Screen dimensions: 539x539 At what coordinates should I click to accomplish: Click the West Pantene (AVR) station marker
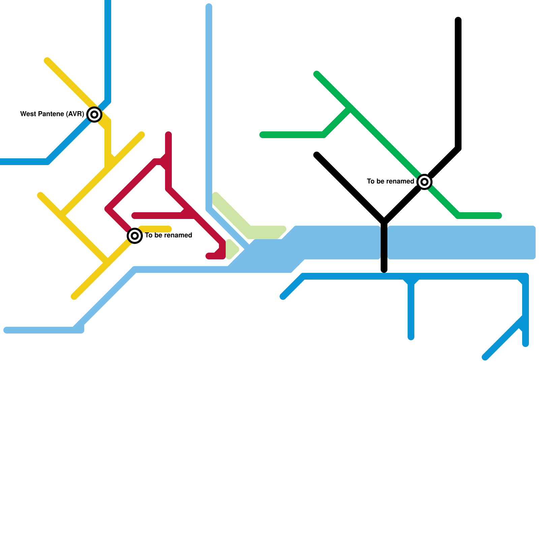[x=94, y=115]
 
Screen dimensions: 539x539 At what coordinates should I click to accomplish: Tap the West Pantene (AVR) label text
[x=52, y=114]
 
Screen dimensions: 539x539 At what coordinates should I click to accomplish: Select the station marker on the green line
[x=424, y=182]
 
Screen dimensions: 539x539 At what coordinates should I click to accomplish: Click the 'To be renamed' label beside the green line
[x=390, y=181]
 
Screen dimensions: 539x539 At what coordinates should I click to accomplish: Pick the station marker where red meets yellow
[x=135, y=236]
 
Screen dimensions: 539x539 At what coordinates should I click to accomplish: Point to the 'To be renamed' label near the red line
[x=168, y=235]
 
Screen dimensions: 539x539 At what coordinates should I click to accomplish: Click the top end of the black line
[x=458, y=20]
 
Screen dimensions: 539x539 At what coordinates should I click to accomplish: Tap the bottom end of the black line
[x=384, y=270]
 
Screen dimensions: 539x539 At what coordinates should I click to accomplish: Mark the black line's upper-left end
[x=317, y=155]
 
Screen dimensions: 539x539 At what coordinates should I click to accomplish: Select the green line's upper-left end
[x=317, y=74]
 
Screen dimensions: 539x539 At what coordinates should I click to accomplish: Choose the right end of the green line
[x=499, y=216]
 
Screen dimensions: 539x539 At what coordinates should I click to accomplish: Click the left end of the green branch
[x=262, y=135]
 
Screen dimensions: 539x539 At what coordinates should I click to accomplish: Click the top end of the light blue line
[x=209, y=6]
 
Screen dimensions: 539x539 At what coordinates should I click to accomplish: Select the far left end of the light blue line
[x=6, y=330]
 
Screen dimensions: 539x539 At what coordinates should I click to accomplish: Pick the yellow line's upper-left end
[x=47, y=61]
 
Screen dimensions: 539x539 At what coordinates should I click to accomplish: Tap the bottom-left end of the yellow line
[x=74, y=296]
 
